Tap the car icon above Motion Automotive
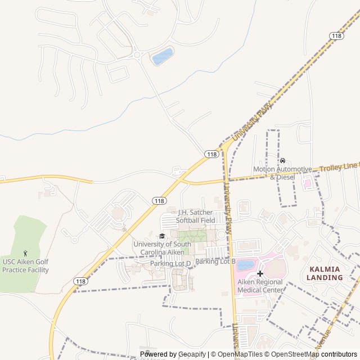pos(282,160)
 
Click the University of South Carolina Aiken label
pos(162,248)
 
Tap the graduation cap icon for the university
pos(163,236)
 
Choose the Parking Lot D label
pos(170,263)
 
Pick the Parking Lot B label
pos(215,262)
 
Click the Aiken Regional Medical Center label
pos(260,286)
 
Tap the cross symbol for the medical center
pos(260,273)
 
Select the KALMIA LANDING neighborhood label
pos(325,273)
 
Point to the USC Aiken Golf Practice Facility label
pos(25,265)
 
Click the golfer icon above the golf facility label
pos(25,254)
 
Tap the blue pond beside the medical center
pos(245,265)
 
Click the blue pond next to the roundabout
pos(163,56)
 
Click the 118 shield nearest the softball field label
pos(159,201)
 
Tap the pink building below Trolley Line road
pos(308,183)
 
